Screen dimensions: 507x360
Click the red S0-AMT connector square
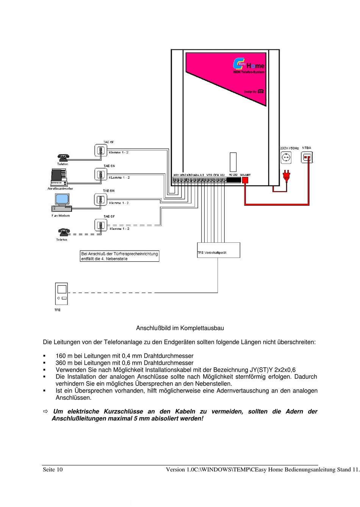245,180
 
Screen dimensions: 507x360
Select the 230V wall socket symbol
286,157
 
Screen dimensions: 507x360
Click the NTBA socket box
307,157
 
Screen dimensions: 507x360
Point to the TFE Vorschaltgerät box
219,250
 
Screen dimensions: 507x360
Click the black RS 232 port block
233,180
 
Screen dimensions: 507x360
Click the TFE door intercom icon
61,294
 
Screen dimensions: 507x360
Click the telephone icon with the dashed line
64,232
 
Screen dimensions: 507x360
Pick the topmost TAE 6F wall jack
101,151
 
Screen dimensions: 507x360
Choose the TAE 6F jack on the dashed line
101,226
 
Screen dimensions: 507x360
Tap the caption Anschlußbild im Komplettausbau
180,328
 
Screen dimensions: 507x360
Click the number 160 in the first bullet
61,356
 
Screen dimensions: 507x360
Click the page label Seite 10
53,470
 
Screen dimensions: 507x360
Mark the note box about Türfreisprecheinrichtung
120,256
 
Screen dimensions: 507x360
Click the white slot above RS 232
233,162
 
